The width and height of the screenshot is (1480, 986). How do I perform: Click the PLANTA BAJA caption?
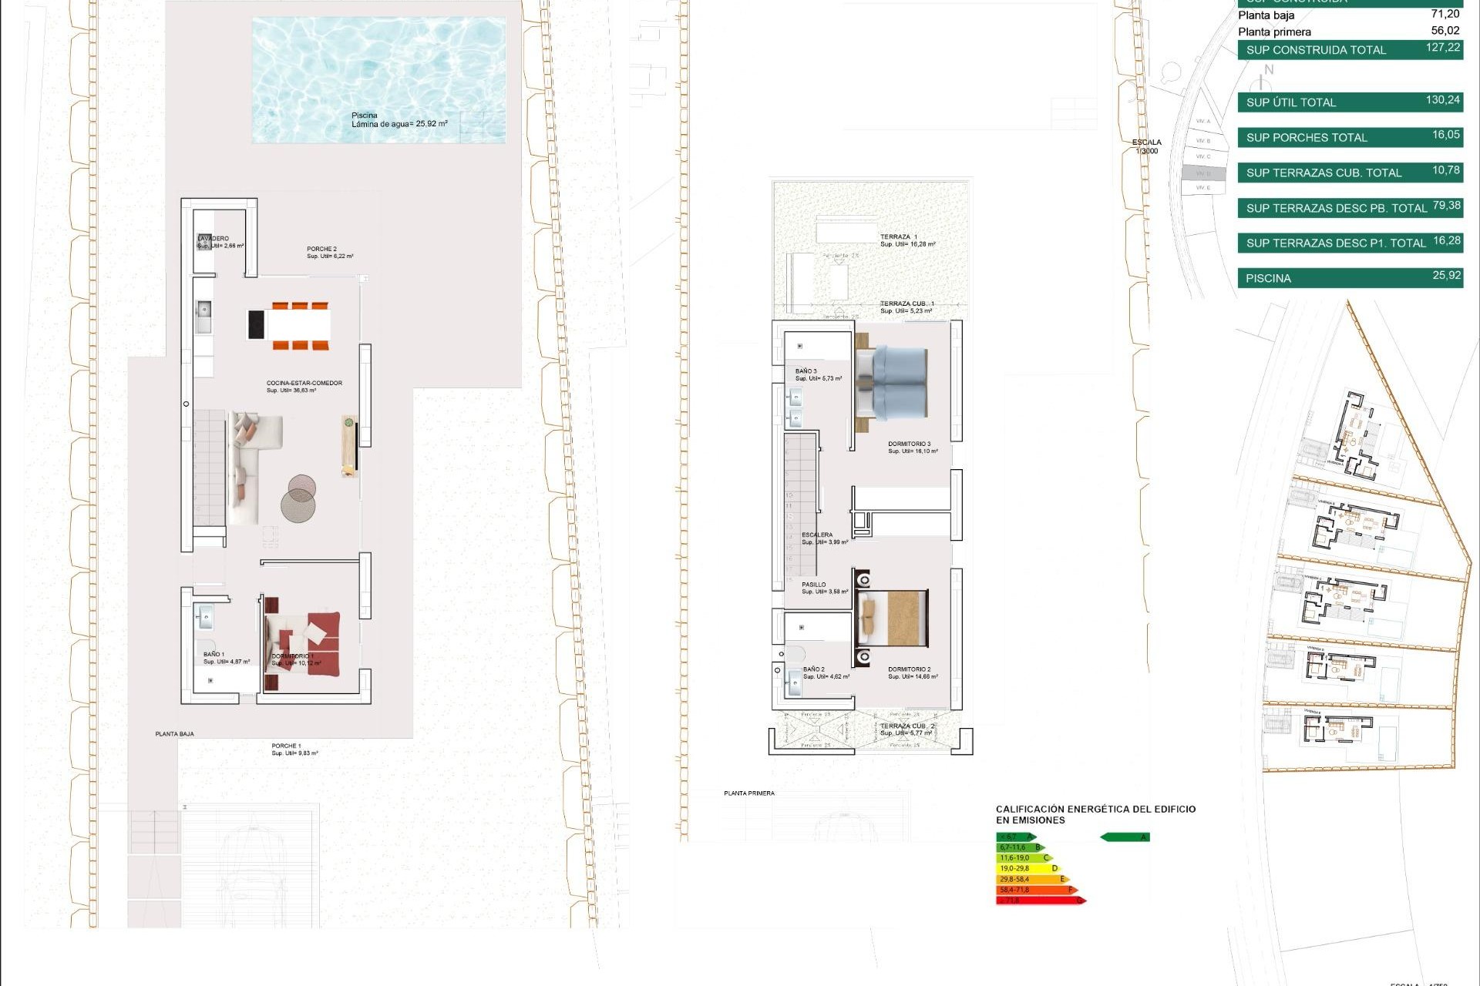pos(174,734)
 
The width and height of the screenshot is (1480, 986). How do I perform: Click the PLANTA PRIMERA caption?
pos(748,793)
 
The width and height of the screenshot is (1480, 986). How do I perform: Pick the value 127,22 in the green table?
pos(1442,48)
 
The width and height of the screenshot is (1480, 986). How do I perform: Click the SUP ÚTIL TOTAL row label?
pos(1290,102)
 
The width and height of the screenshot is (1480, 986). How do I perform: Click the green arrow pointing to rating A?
pos(1125,837)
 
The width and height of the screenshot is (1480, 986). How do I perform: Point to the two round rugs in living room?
pos(300,498)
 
